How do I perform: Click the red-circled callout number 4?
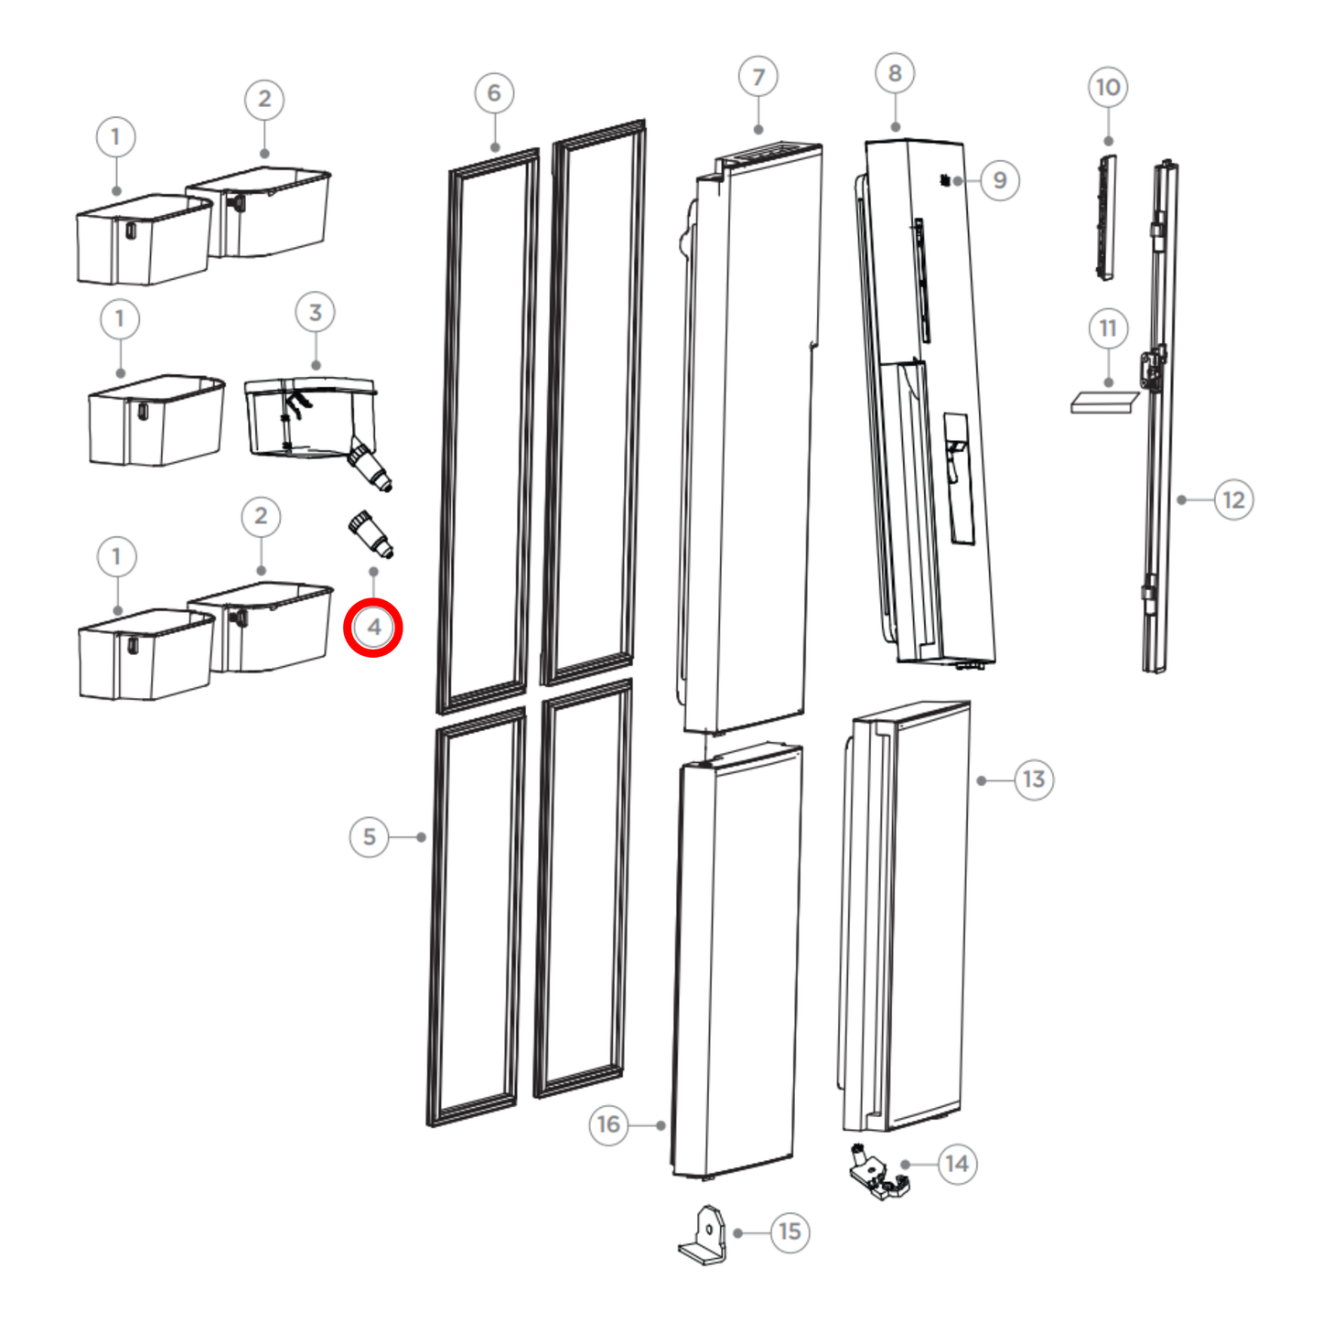coord(373,628)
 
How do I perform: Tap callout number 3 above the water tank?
coord(315,313)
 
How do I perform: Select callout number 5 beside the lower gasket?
coord(370,837)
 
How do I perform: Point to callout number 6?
coord(494,93)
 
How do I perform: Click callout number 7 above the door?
coord(758,78)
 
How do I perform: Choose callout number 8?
coord(895,74)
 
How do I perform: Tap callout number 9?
coord(1000,180)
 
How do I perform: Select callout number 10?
coord(1108,88)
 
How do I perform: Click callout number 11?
coord(1108,328)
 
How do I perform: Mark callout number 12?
coord(1233,500)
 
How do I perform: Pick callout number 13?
coord(1034,779)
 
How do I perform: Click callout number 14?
coord(957,1164)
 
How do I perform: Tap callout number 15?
coord(790,1232)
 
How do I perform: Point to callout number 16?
coord(608,1124)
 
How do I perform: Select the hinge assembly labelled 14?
coord(877,1176)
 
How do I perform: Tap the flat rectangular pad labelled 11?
coord(1104,403)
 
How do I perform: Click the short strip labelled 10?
coord(1106,217)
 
